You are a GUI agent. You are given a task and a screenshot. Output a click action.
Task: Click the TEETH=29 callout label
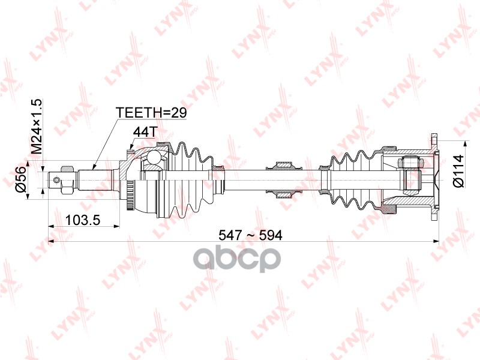(151, 113)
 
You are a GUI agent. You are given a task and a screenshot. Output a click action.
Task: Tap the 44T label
(145, 132)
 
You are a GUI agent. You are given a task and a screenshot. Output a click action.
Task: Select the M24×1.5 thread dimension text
(37, 127)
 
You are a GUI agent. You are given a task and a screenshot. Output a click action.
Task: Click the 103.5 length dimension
(83, 220)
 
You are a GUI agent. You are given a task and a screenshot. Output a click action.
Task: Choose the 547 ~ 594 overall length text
(250, 235)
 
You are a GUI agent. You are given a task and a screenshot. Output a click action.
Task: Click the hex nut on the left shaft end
(68, 180)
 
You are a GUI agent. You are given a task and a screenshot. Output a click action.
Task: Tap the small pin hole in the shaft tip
(56, 179)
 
